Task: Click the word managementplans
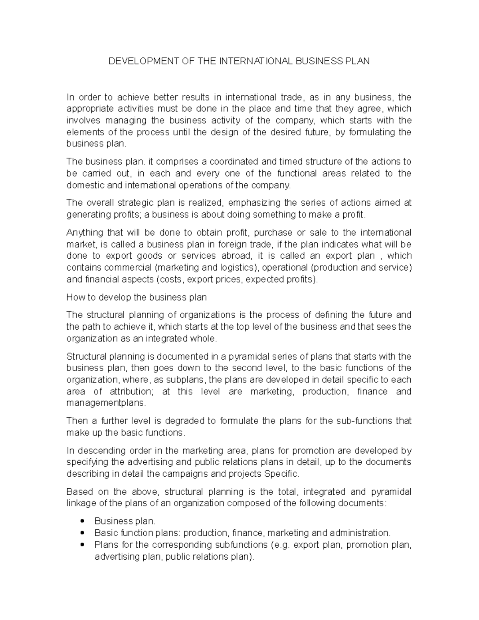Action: [x=106, y=403]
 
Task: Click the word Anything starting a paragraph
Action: [x=83, y=233]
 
